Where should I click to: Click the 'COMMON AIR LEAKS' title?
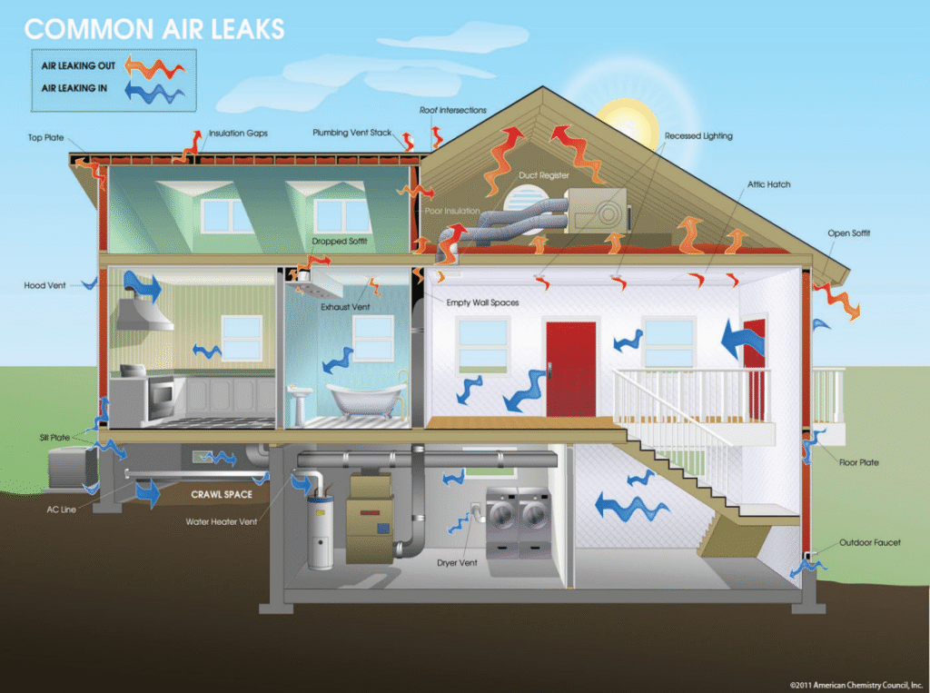coord(154,29)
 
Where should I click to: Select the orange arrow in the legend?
coord(154,67)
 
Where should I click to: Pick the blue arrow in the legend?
coord(154,92)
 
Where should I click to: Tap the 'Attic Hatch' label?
coord(768,184)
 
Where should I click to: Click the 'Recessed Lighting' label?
coord(698,136)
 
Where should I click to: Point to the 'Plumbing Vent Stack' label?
coord(351,133)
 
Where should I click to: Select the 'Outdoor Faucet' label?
coord(869,542)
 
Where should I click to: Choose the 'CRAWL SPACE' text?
coord(222,494)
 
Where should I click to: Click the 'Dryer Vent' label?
coord(457,563)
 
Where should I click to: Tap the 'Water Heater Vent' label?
coord(222,522)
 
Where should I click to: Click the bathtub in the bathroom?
coord(367,399)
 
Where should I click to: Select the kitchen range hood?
coord(144,313)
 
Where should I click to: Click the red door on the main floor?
coord(570,369)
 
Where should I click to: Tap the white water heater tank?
coord(320,533)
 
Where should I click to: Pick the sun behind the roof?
coord(628,124)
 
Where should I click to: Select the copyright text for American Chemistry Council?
coord(856,685)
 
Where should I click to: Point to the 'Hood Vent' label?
coord(45,285)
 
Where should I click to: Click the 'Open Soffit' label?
coord(849,233)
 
